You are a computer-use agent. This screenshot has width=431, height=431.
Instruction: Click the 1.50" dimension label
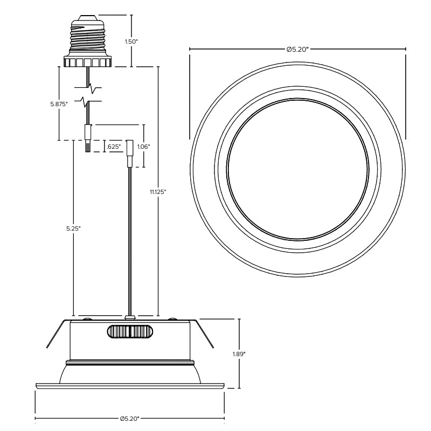tap(131, 41)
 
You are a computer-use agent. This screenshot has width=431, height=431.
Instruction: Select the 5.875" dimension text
tap(58, 104)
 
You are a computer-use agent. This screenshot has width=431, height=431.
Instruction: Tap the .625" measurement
tap(113, 147)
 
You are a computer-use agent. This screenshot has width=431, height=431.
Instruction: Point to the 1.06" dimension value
tap(143, 147)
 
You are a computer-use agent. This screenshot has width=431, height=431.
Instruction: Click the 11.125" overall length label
tap(158, 192)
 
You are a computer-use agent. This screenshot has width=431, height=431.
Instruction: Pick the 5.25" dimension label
tap(73, 228)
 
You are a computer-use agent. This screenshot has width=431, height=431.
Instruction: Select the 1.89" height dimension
tap(239, 354)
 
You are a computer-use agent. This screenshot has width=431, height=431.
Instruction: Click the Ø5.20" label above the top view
tap(297, 49)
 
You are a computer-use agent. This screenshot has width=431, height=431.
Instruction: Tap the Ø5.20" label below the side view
tap(130, 418)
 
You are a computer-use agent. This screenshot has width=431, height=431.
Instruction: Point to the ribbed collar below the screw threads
tap(87, 62)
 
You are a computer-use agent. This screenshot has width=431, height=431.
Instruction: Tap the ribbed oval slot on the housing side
tap(128, 331)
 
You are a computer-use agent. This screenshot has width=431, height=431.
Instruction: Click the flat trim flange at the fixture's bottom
tap(129, 385)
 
